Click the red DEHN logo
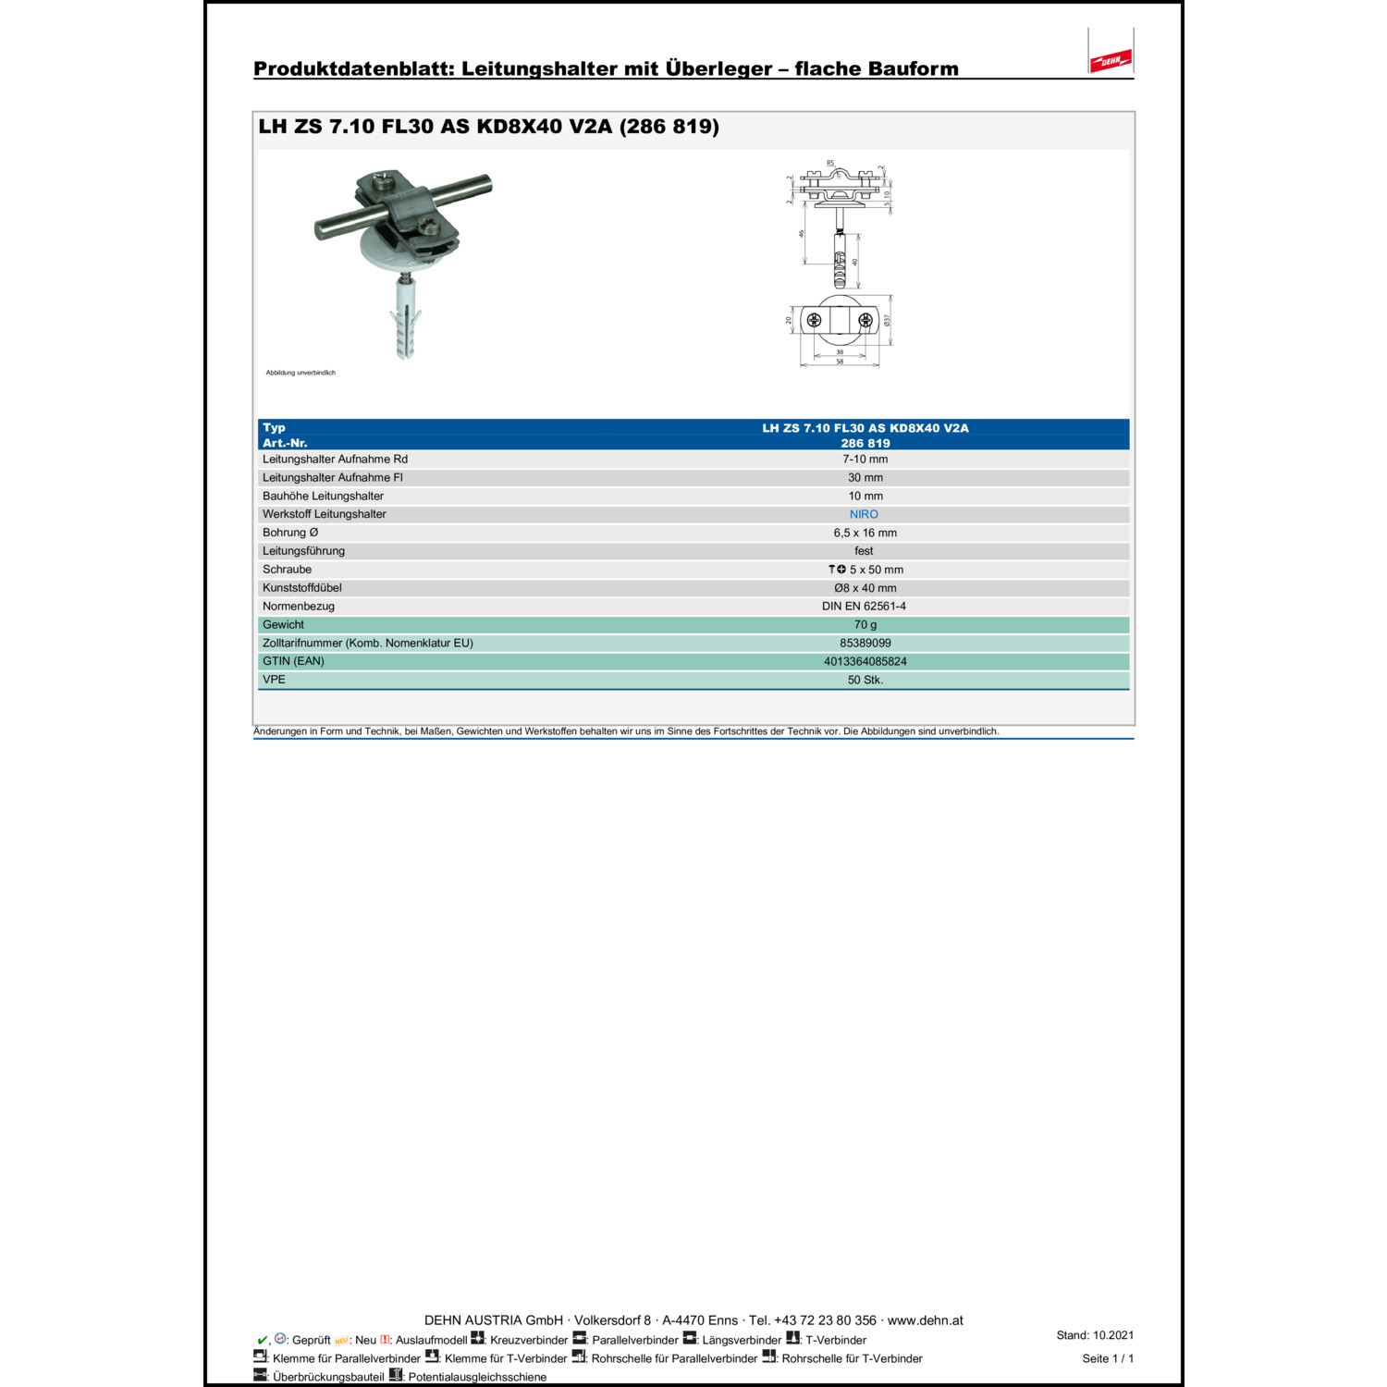click(x=1110, y=61)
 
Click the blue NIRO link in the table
click(x=864, y=514)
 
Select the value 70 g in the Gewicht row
click(x=865, y=625)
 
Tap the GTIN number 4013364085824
click(x=865, y=661)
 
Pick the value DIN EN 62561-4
click(x=864, y=607)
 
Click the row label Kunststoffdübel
click(x=302, y=588)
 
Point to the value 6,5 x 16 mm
click(x=865, y=533)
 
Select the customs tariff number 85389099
click(x=865, y=643)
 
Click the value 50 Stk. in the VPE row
click(x=865, y=680)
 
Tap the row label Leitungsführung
click(x=303, y=551)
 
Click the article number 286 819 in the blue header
click(x=865, y=443)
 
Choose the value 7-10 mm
click(x=865, y=460)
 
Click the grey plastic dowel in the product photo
click(x=405, y=324)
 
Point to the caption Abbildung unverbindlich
click(x=301, y=373)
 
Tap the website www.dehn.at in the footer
click(x=925, y=1320)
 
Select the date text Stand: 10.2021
click(x=1095, y=1335)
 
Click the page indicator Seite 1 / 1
click(x=1108, y=1358)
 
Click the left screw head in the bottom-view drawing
click(x=814, y=321)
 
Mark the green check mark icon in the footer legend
click(x=262, y=1340)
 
